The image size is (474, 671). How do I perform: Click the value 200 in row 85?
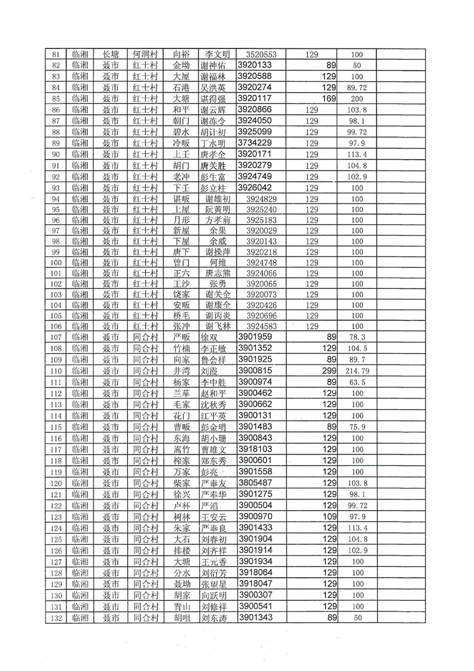(358, 99)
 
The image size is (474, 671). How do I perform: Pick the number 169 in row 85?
(330, 99)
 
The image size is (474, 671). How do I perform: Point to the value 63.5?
(358, 382)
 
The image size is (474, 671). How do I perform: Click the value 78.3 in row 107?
(358, 337)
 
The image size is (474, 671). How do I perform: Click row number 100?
(56, 263)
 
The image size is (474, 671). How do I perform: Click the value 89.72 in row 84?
(358, 87)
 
